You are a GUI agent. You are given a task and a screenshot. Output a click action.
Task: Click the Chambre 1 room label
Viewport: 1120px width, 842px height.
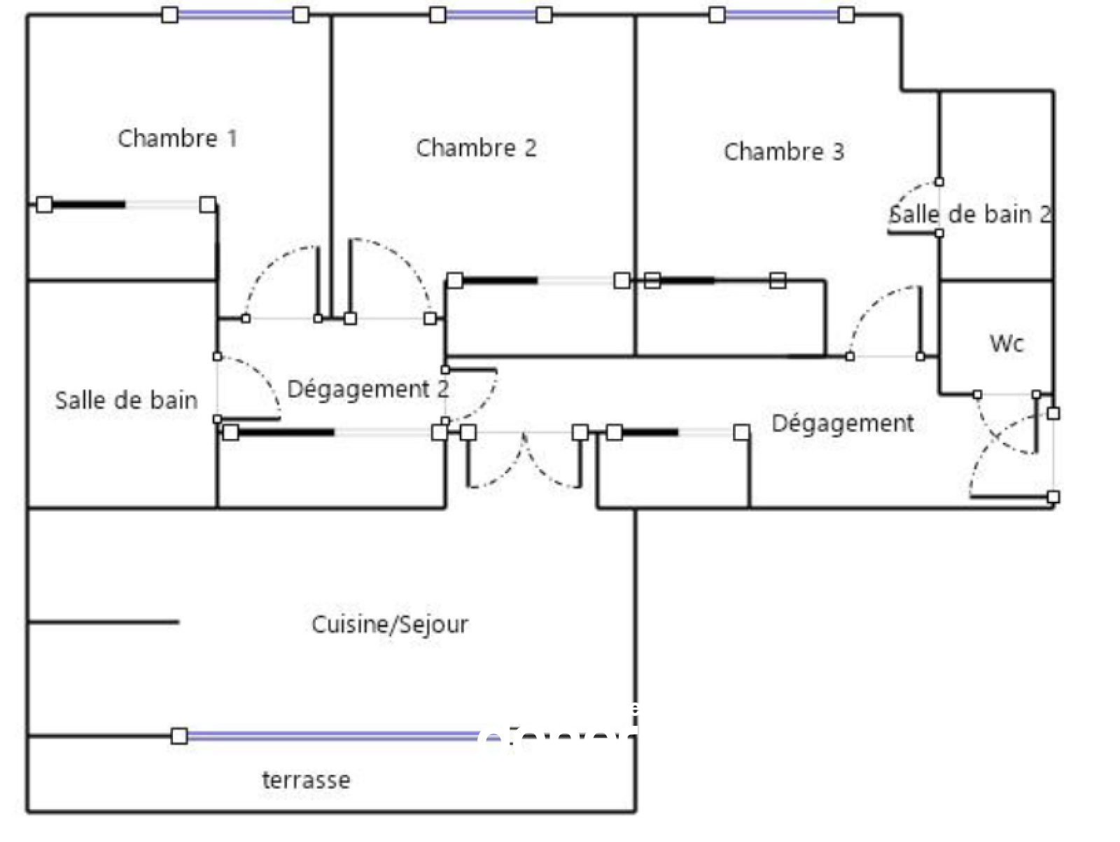coord(177,139)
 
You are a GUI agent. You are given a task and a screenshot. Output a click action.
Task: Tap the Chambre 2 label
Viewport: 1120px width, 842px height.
coord(476,148)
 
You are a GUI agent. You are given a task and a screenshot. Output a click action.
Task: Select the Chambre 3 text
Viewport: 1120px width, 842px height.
coord(783,152)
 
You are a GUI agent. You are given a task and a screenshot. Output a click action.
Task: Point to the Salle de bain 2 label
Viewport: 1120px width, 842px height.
coord(970,214)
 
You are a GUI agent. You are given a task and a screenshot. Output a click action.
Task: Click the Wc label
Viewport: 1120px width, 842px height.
coord(1007,344)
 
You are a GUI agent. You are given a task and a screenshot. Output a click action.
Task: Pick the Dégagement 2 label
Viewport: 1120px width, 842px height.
coord(368,389)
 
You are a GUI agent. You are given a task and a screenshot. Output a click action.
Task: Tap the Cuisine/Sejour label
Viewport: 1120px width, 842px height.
coord(390,624)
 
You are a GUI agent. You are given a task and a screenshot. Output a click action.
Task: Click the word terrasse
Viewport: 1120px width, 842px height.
coord(306,780)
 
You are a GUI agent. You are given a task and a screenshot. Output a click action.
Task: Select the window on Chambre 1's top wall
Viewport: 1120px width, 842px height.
coord(235,15)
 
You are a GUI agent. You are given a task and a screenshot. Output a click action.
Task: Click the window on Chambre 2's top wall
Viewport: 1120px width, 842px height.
coord(491,15)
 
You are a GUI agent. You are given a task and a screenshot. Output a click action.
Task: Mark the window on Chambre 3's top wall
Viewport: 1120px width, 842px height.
coord(781,15)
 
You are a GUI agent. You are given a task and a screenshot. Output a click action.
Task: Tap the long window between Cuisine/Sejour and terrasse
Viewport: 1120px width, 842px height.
coord(329,736)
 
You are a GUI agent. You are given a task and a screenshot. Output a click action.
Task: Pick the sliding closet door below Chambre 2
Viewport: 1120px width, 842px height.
coord(538,281)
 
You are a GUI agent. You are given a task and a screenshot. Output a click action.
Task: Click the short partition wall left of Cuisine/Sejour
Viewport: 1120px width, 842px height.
coord(104,622)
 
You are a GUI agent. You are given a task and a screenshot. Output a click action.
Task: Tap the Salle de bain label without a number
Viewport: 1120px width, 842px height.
coord(126,400)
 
